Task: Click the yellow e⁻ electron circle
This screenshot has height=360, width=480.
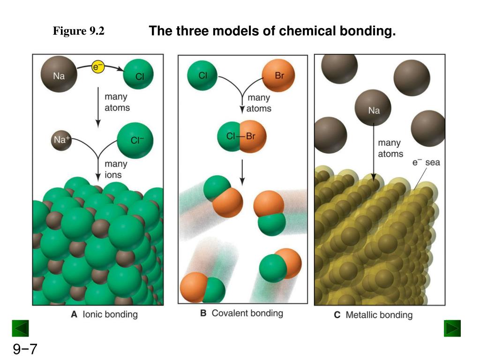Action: [97, 67]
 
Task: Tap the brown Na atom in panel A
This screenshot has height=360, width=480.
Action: [59, 74]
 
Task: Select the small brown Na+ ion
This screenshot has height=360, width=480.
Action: [61, 140]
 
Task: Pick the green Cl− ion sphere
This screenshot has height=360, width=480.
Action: [135, 141]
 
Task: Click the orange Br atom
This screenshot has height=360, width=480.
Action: [278, 75]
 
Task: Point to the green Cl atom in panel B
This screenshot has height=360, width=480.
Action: [202, 75]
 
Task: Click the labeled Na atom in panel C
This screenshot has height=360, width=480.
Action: [373, 107]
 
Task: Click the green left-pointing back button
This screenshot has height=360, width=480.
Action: [20, 328]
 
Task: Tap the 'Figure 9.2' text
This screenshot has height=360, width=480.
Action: [79, 31]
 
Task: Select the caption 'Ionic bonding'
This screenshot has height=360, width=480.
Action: [110, 315]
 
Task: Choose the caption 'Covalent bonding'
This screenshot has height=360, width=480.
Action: [247, 313]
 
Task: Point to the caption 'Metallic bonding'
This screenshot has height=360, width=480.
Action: [379, 315]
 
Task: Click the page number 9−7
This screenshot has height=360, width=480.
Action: [25, 349]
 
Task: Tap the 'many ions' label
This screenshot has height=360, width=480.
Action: [116, 169]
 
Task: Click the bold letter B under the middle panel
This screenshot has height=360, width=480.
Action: [203, 313]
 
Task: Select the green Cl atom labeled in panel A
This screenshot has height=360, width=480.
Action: [138, 74]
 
